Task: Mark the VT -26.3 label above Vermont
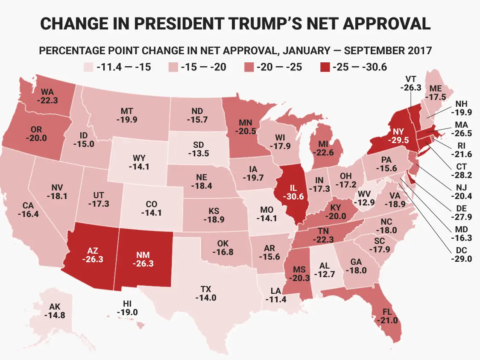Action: click(x=412, y=83)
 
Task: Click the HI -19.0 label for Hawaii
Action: click(x=129, y=307)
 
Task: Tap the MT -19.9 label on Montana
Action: click(x=126, y=115)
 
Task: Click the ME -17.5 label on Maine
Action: click(x=436, y=92)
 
